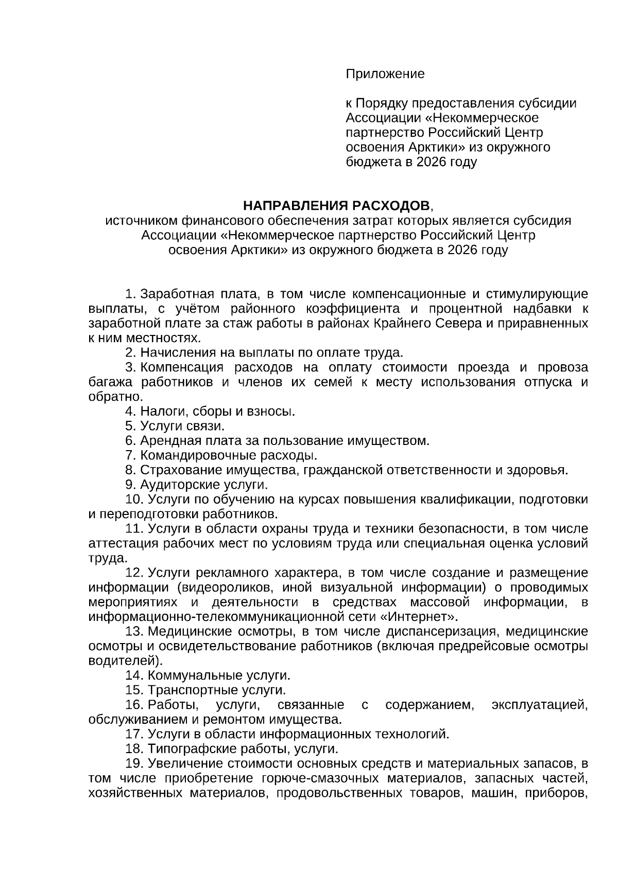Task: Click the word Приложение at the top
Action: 385,74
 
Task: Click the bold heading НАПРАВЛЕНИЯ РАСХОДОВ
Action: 336,206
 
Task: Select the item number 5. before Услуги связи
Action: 131,426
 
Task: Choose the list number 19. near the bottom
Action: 134,763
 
